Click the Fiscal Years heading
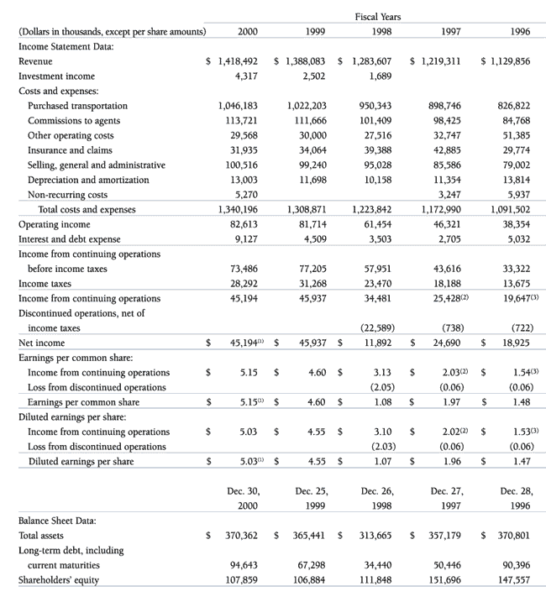378,16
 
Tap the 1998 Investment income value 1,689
382,76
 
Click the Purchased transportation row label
78,106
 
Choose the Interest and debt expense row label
70,239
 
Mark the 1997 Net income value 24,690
445,343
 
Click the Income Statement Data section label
66,46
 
